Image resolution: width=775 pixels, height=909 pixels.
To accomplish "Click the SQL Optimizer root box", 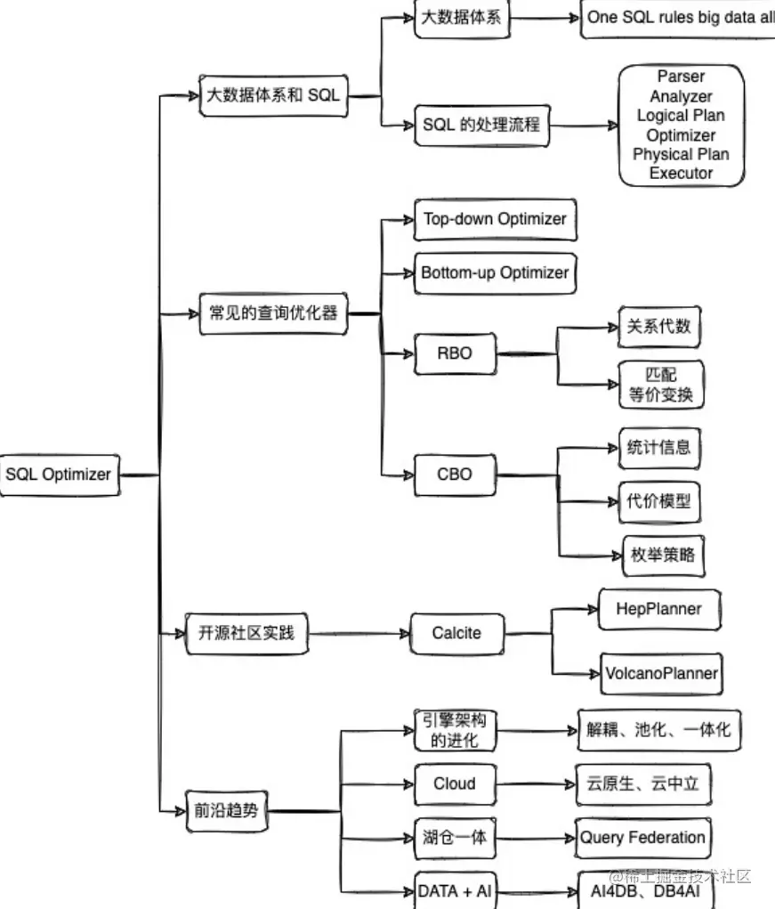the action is [x=60, y=475].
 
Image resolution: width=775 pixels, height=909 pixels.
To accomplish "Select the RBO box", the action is [x=456, y=353].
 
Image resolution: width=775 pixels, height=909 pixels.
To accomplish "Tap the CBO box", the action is [x=456, y=475].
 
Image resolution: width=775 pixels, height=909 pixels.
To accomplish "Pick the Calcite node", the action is [x=456, y=634].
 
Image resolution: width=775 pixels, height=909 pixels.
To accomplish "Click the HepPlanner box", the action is [x=659, y=609].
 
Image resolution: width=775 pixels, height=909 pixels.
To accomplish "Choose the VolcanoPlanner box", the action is [x=661, y=674].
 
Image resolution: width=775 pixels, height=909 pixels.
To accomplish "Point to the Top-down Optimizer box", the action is [x=496, y=219].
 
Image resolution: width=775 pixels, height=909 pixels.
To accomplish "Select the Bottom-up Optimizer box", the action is [x=496, y=273].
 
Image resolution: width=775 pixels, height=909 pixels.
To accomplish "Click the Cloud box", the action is [x=456, y=784].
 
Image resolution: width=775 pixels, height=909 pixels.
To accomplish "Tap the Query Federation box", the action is [x=643, y=838].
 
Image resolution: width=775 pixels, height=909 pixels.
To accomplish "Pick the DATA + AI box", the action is [x=456, y=891].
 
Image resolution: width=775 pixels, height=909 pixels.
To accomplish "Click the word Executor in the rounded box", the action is [x=682, y=174].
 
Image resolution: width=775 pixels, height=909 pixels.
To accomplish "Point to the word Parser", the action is [x=682, y=77].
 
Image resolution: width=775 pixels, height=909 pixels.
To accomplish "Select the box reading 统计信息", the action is [x=659, y=448].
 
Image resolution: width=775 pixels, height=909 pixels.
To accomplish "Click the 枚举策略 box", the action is [x=663, y=556].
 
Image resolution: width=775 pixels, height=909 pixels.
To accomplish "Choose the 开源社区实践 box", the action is [x=246, y=634].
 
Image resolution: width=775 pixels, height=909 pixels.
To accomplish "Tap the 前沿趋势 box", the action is [x=227, y=811].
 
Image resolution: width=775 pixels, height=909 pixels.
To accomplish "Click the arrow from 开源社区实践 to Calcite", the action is [x=359, y=634].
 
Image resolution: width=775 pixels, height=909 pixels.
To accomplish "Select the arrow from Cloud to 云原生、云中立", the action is [x=536, y=784].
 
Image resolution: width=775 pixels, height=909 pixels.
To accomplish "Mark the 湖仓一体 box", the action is [x=456, y=838].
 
